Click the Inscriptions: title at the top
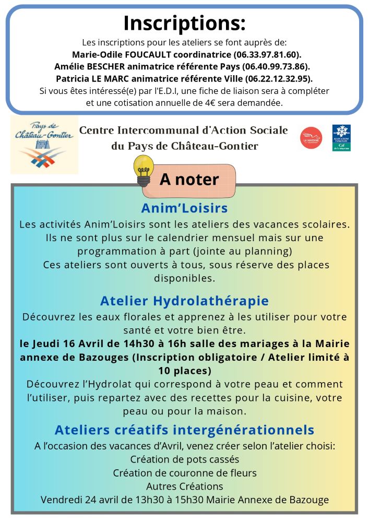click(x=184, y=23)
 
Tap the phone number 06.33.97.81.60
click(x=271, y=54)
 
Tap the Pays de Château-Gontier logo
click(x=44, y=145)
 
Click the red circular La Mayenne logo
click(x=311, y=138)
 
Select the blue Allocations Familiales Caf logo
click(x=341, y=138)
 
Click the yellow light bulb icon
click(x=144, y=170)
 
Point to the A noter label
click(x=189, y=179)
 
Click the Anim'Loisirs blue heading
click(x=184, y=208)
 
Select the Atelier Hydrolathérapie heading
click(x=184, y=301)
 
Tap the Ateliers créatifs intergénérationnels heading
click(x=184, y=430)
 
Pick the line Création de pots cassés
click(x=184, y=459)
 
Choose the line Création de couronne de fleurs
click(x=184, y=473)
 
